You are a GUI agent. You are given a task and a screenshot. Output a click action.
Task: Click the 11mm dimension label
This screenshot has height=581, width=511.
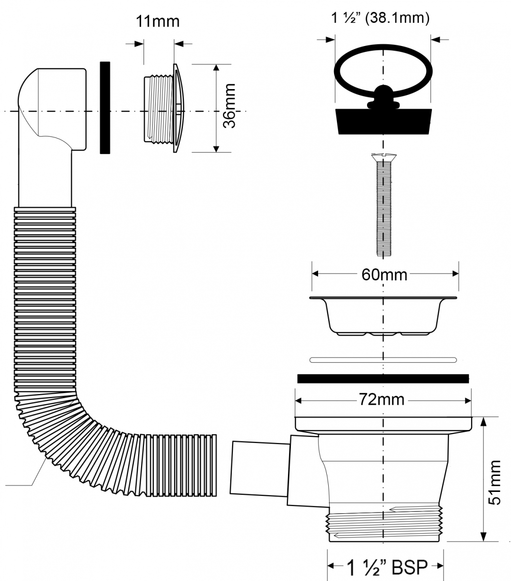(158, 21)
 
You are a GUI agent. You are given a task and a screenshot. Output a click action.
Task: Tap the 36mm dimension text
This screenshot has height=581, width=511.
(229, 106)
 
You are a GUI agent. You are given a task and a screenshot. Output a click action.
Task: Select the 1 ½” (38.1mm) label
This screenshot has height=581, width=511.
(380, 18)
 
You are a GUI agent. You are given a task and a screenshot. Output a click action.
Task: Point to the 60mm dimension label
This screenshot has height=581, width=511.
(384, 275)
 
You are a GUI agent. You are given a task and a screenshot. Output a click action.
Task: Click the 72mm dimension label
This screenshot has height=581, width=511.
(382, 399)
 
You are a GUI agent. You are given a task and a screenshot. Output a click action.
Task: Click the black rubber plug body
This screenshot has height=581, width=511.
(384, 122)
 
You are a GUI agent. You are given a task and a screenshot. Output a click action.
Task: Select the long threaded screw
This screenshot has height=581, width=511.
(383, 205)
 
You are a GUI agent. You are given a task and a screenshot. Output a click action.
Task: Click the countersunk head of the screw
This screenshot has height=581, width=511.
(384, 157)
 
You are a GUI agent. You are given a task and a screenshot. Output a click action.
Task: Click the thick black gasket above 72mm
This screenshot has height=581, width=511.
(383, 379)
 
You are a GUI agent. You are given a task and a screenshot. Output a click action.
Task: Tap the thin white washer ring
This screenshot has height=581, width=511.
(383, 360)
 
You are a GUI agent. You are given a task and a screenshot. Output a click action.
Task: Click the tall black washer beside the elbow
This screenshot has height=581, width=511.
(105, 107)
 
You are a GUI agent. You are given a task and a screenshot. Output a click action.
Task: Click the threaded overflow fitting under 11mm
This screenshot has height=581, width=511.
(164, 108)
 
